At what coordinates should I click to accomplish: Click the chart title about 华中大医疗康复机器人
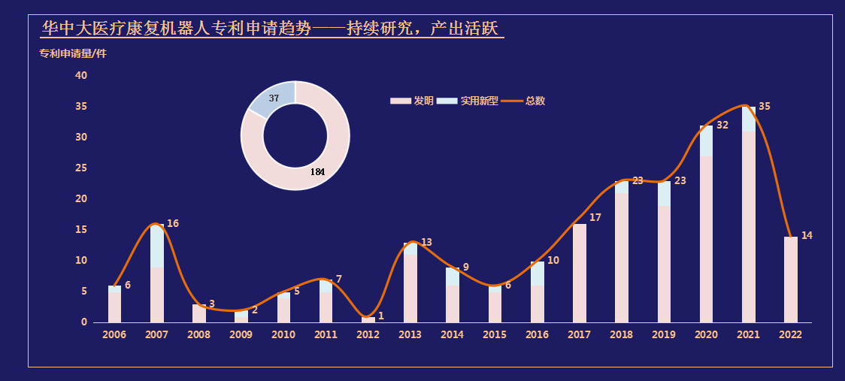[x=272, y=29]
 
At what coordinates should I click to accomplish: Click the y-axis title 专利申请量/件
[x=73, y=53]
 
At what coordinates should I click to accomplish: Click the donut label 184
[x=318, y=172]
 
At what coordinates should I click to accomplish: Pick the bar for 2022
[x=790, y=280]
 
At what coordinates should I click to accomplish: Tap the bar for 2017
[x=579, y=273]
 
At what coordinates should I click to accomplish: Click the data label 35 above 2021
[x=765, y=107]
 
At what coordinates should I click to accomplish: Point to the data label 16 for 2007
[x=173, y=223]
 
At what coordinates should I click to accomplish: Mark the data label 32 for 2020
[x=722, y=125]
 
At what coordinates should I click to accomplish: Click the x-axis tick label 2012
[x=368, y=334]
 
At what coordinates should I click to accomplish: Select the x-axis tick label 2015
[x=495, y=334]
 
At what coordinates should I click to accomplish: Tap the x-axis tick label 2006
[x=114, y=334]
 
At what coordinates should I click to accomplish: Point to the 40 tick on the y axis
[x=81, y=75]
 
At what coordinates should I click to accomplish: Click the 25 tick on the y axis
[x=81, y=168]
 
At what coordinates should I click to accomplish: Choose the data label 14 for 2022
[x=807, y=235]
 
